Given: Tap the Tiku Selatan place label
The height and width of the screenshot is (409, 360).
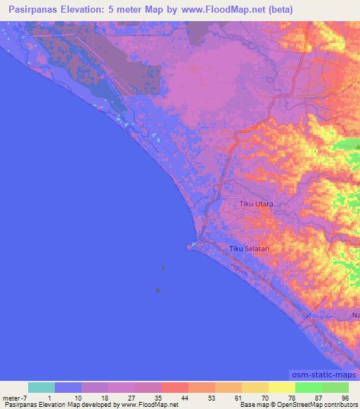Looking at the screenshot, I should (250, 249).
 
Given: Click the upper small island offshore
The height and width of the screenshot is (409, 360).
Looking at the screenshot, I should (164, 268).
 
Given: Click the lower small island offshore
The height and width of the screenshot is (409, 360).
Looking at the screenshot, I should (158, 290).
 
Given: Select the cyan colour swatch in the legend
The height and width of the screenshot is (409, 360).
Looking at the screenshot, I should (41, 387).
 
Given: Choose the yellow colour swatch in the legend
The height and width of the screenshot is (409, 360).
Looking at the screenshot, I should (281, 387).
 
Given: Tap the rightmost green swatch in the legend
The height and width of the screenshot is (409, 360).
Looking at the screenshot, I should (335, 387).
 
